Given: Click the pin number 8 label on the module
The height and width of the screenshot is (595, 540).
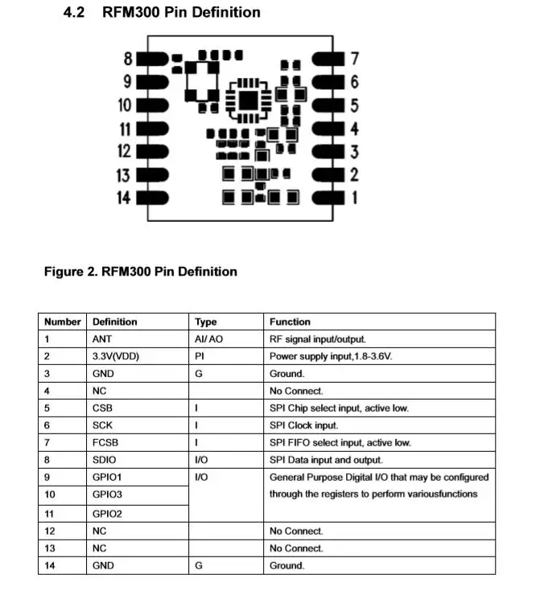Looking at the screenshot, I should [128, 59].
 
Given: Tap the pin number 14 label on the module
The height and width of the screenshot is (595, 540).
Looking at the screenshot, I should [124, 198].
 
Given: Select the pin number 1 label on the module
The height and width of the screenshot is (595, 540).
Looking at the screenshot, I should [353, 198].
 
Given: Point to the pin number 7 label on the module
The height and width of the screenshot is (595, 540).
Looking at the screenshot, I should [354, 59].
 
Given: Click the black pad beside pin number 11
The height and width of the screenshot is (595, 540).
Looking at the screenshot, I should [154, 129].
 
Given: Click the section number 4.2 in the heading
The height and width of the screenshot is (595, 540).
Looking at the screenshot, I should [76, 13].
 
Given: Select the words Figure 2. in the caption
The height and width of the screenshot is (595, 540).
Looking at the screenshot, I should [70, 272].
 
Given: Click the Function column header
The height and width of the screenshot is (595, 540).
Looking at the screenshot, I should [290, 322].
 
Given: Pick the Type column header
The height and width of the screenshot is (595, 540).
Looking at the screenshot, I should [206, 322].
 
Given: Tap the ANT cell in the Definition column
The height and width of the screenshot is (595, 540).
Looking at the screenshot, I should [103, 339].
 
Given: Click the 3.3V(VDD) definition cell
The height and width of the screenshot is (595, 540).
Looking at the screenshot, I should [116, 356].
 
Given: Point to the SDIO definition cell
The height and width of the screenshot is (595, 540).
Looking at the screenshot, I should [105, 460].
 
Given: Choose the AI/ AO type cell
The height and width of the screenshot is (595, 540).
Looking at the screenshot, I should [208, 339].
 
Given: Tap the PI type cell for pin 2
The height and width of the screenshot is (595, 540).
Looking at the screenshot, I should [200, 356].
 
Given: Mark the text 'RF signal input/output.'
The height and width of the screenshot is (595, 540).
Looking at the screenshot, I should [318, 339].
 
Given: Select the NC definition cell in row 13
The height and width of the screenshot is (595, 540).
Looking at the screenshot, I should [100, 548].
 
